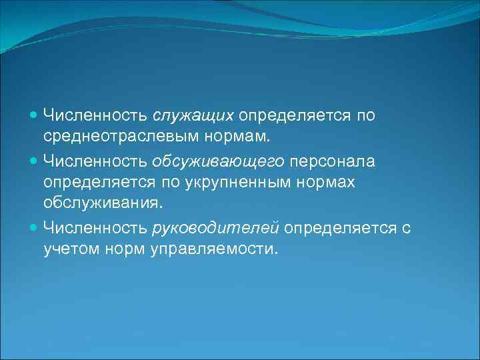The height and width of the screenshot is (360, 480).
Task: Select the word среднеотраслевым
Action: (x=107, y=138)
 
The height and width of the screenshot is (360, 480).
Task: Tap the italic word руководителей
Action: (x=215, y=228)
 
